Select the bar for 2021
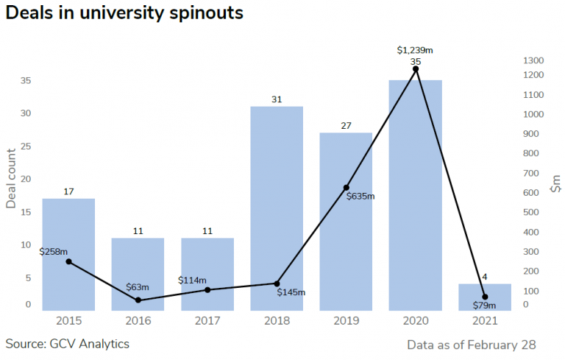pyautogui.click(x=485, y=297)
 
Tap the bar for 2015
pyautogui.click(x=68, y=254)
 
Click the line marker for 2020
pyautogui.click(x=416, y=69)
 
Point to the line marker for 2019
pyautogui.click(x=347, y=188)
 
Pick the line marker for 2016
pyautogui.click(x=138, y=300)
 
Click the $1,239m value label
pyautogui.click(x=415, y=50)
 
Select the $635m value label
pyautogui.click(x=360, y=197)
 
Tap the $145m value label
pyautogui.click(x=291, y=292)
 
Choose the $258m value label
pyautogui.click(x=54, y=251)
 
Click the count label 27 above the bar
pyautogui.click(x=347, y=126)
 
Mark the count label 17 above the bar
pyautogui.click(x=68, y=191)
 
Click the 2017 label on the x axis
pyautogui.click(x=207, y=321)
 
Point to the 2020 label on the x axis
pyautogui.click(x=416, y=321)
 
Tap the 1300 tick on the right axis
pyautogui.click(x=533, y=60)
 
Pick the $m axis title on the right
pyautogui.click(x=555, y=183)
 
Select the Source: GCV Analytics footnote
pyautogui.click(x=67, y=344)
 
